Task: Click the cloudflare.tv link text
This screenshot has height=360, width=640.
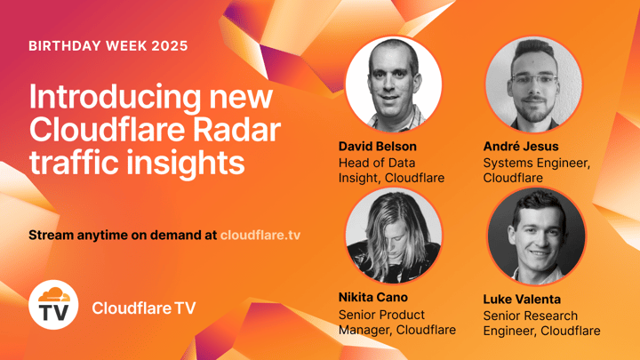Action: coord(264,236)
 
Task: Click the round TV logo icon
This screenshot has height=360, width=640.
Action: coord(53,307)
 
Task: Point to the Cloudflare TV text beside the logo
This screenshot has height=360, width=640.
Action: coord(143,308)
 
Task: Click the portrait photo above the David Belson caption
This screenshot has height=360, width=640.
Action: coord(393,84)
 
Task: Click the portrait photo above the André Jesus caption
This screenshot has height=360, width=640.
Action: coord(533,84)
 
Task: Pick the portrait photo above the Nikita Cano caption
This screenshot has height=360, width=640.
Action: coord(393,235)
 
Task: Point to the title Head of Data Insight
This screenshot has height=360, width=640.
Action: coord(391,171)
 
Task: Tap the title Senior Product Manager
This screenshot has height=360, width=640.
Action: coord(396,323)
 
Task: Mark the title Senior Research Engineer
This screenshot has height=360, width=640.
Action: coord(540,323)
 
